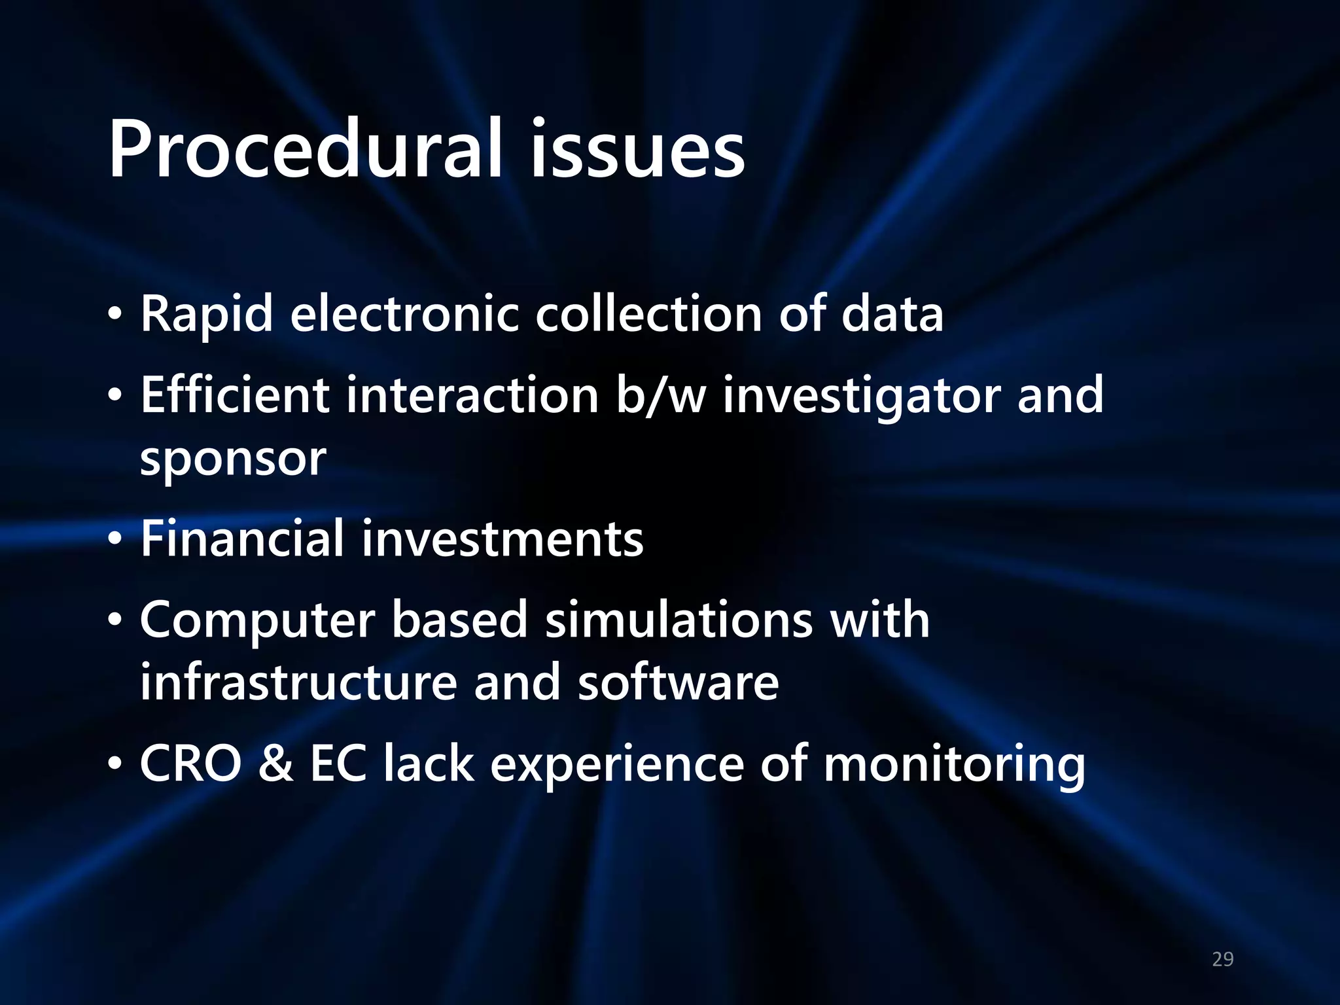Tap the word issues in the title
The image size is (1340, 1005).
pyautogui.click(x=637, y=149)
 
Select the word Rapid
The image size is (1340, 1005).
pyautogui.click(x=206, y=315)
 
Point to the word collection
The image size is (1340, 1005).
pyautogui.click(x=648, y=315)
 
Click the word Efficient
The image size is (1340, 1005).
pyautogui.click(x=235, y=395)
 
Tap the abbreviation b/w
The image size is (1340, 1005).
pyautogui.click(x=661, y=395)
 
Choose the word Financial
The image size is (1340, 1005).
pyautogui.click(x=242, y=539)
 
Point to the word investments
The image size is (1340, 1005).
pyautogui.click(x=502, y=539)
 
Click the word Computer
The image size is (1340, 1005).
pyautogui.click(x=257, y=620)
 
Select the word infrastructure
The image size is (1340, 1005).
pyautogui.click(x=298, y=682)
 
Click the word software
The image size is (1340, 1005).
pyautogui.click(x=678, y=682)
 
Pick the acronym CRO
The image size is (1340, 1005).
pyautogui.click(x=190, y=764)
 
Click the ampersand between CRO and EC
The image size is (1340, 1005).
pyautogui.click(x=275, y=764)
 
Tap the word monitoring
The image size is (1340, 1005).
pyautogui.click(x=954, y=765)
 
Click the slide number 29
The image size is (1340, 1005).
pyautogui.click(x=1222, y=959)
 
